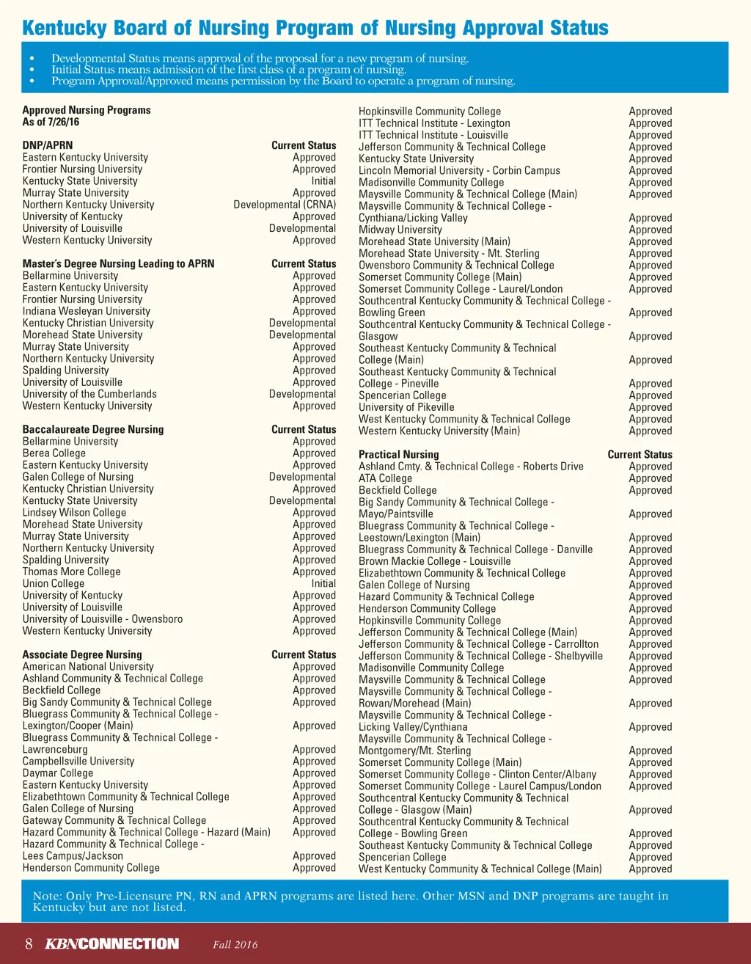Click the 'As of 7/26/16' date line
(x=51, y=122)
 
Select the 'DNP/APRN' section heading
(x=48, y=145)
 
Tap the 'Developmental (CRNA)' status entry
(x=285, y=205)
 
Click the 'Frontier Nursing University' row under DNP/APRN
(x=82, y=169)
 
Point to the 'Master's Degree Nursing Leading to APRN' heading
(x=118, y=263)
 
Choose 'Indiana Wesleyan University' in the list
(x=86, y=311)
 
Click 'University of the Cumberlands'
(x=89, y=394)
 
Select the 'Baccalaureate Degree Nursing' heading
(x=93, y=429)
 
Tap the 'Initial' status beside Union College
(x=323, y=583)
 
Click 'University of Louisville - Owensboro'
(x=103, y=619)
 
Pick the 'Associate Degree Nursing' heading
(x=82, y=654)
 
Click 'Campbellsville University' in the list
(x=78, y=762)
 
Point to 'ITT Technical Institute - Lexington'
(x=434, y=123)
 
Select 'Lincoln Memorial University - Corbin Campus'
(x=459, y=170)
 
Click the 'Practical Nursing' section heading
(x=398, y=454)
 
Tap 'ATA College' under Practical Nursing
(x=385, y=478)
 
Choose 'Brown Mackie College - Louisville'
(x=434, y=561)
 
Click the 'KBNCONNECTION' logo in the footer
(x=111, y=943)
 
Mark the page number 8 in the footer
(x=29, y=943)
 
